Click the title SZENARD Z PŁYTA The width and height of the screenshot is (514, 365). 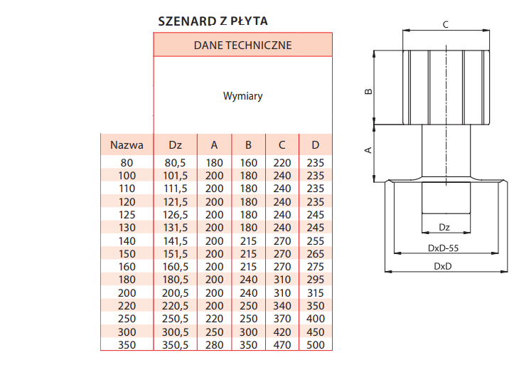[x=213, y=21]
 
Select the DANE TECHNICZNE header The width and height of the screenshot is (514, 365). [x=242, y=46]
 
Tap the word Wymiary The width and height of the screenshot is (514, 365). [x=242, y=96]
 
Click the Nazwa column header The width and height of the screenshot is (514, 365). [x=127, y=145]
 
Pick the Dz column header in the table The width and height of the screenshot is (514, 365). [x=175, y=145]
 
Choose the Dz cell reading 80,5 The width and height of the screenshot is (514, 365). [x=175, y=163]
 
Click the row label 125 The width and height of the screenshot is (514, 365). [x=127, y=215]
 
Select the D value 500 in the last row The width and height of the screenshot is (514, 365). [x=316, y=345]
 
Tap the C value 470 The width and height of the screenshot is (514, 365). [x=282, y=345]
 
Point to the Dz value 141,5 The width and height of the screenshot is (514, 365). [x=175, y=241]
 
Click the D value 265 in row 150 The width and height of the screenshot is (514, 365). [x=316, y=254]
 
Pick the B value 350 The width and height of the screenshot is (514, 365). [x=248, y=345]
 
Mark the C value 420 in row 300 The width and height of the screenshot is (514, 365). [x=282, y=332]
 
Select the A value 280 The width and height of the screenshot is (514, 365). [x=215, y=345]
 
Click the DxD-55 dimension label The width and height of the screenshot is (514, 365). [x=443, y=248]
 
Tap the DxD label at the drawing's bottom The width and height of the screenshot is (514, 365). [x=442, y=266]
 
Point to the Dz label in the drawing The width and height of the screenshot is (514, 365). [x=444, y=227]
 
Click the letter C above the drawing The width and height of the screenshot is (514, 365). [x=445, y=25]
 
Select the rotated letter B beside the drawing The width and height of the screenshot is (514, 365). [x=368, y=91]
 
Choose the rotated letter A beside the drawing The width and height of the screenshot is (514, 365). [x=368, y=150]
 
